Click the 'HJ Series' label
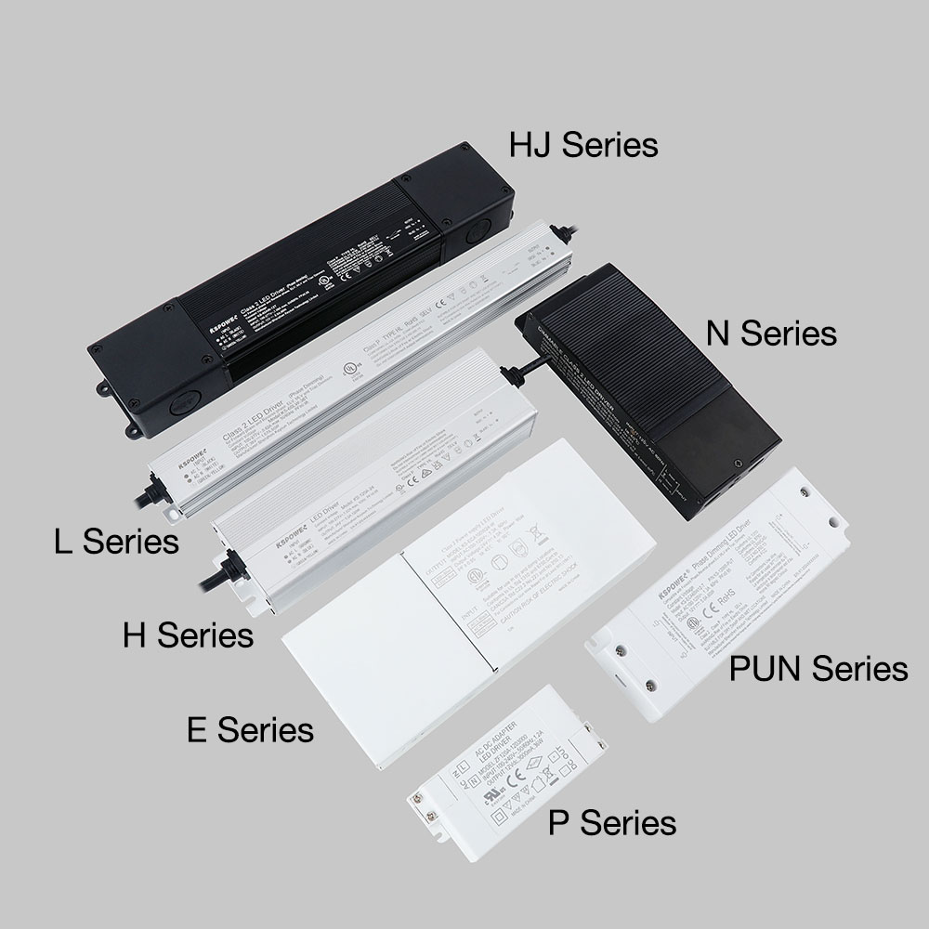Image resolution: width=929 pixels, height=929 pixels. pyautogui.click(x=583, y=146)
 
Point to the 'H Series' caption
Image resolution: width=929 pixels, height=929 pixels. pyautogui.click(x=189, y=636)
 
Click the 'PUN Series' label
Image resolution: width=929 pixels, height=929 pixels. pyautogui.click(x=818, y=668)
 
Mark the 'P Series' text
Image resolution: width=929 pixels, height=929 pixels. pyautogui.click(x=611, y=822)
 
